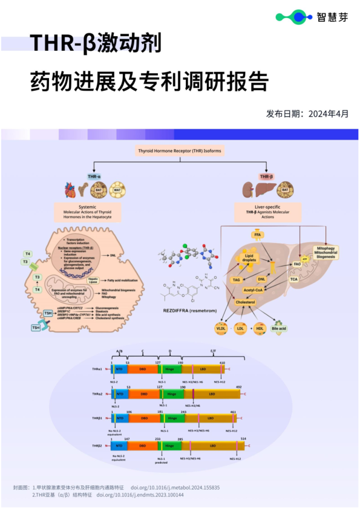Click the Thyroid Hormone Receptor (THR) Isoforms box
pyautogui.click(x=180, y=151)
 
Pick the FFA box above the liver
pyautogui.click(x=257, y=233)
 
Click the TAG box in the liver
pyautogui.click(x=237, y=280)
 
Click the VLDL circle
pyautogui.click(x=222, y=329)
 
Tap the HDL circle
pyautogui.click(x=260, y=329)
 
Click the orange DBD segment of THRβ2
pyautogui.click(x=144, y=446)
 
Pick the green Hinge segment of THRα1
pyautogui.click(x=171, y=368)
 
